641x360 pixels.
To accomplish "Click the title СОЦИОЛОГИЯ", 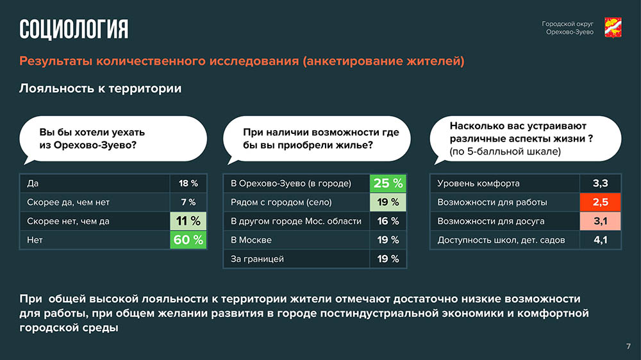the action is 74,29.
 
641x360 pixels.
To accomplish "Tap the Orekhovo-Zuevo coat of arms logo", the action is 613,28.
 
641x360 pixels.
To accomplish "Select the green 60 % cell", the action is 188,240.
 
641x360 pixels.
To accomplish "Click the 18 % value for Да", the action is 188,183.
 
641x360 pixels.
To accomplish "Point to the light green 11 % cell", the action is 188,221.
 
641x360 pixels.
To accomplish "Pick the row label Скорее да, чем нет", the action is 69,202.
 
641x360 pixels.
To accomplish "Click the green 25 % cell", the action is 388,183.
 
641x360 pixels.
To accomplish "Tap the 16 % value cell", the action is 388,221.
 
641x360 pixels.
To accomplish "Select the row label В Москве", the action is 251,240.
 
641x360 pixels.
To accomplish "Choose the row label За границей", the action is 257,259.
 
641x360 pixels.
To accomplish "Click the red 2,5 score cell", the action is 600,202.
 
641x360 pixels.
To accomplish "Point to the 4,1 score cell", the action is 600,240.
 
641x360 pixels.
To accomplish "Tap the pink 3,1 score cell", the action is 600,221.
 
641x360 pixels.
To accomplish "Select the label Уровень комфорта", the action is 478,183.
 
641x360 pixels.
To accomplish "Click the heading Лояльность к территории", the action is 100,88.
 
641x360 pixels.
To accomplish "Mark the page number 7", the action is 628,347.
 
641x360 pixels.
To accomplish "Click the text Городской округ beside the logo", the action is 567,24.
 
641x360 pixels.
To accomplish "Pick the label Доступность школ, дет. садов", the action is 501,240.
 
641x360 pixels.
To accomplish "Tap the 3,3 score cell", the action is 600,183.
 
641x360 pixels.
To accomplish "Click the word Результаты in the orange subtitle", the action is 56,61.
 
